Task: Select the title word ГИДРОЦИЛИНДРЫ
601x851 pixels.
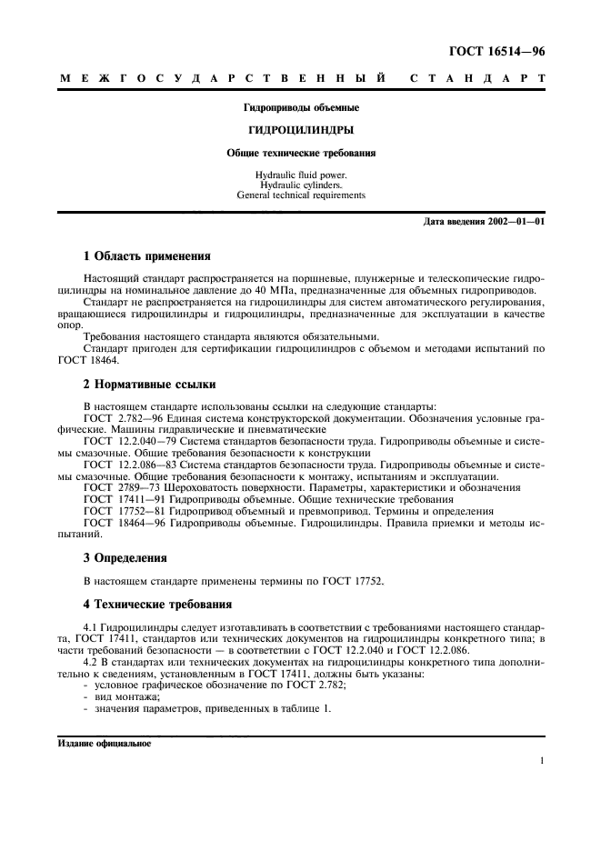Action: (300, 130)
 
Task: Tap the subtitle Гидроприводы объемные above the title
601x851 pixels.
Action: (300, 107)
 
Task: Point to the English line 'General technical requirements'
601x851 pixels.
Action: (300, 195)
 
